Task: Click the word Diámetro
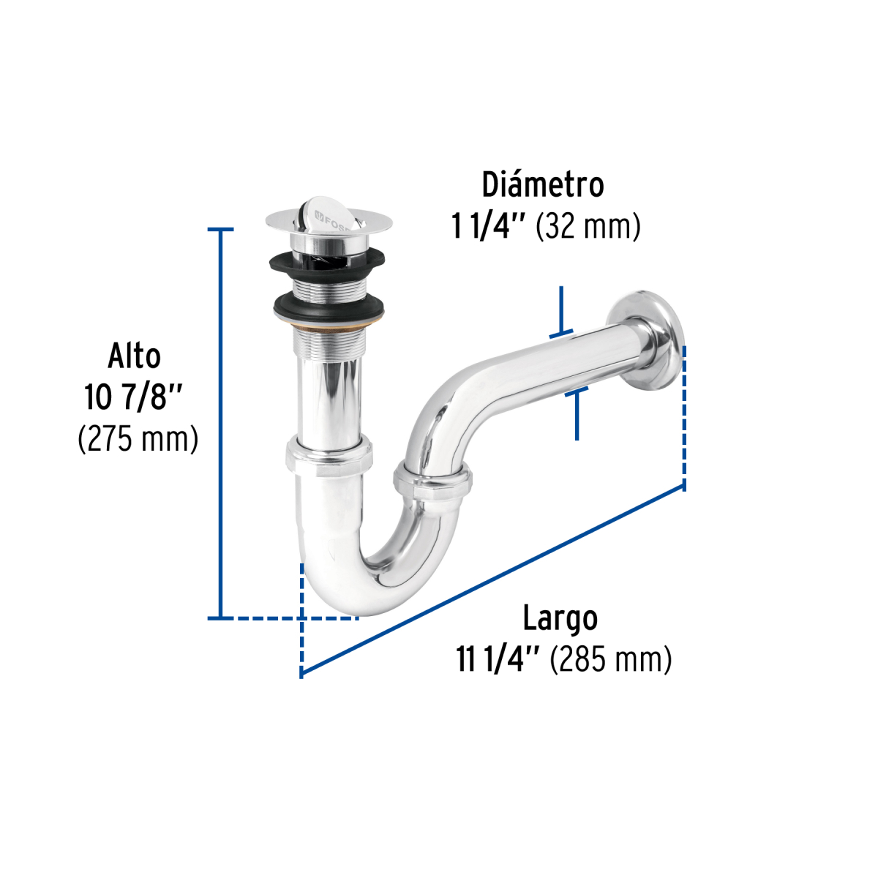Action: [x=542, y=185]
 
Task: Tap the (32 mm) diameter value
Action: [x=588, y=227]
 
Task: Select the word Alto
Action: [x=135, y=356]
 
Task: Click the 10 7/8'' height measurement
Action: [x=132, y=398]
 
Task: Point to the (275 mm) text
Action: [x=138, y=440]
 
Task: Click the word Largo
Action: [x=560, y=619]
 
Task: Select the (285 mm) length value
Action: [x=611, y=660]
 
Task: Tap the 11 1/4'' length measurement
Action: [x=498, y=660]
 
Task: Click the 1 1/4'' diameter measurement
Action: [x=489, y=227]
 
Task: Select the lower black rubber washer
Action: [x=329, y=308]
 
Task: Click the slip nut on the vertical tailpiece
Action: [x=329, y=454]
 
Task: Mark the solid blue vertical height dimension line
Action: [x=219, y=424]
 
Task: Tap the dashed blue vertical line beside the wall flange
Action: [x=684, y=417]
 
